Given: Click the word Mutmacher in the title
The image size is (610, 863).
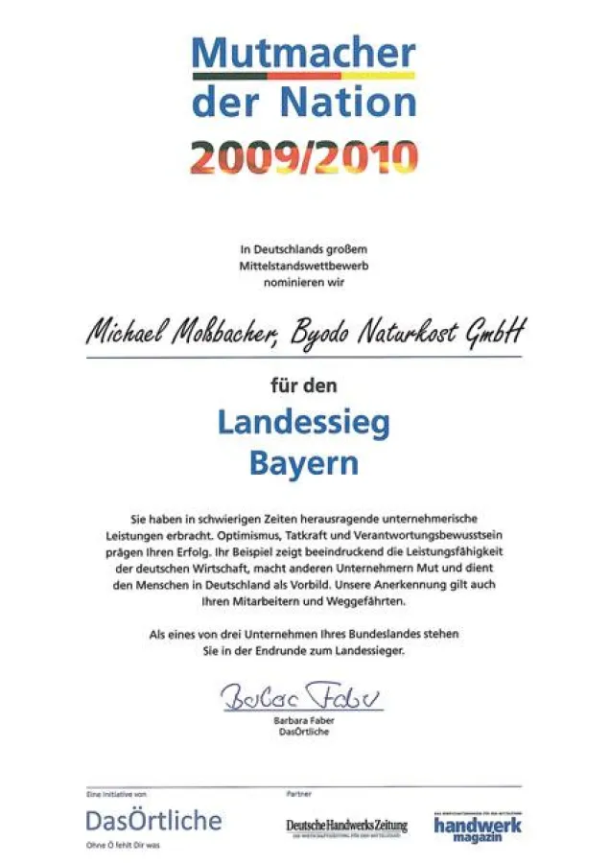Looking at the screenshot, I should [303, 53].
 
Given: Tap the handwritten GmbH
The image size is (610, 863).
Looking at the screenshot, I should [496, 334].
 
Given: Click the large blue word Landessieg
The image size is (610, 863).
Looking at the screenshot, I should [303, 422].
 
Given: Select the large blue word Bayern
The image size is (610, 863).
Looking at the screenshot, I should [303, 463].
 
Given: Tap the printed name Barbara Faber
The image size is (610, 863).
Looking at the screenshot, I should [303, 721].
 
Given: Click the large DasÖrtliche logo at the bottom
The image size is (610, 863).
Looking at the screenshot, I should [153, 820].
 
